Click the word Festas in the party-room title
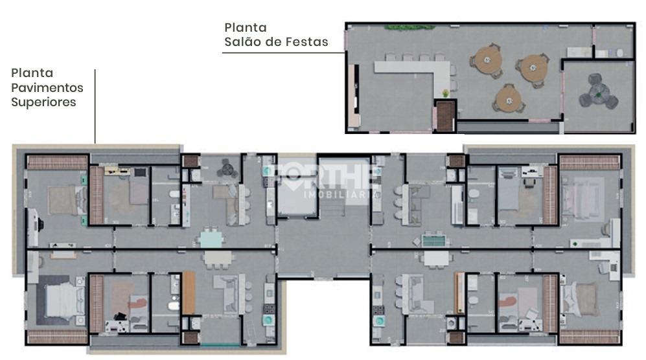coord(309,42)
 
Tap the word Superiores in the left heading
coord(43,102)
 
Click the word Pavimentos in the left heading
coord(47,87)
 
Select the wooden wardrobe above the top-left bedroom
coord(56,162)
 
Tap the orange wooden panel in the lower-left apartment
coord(189,293)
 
